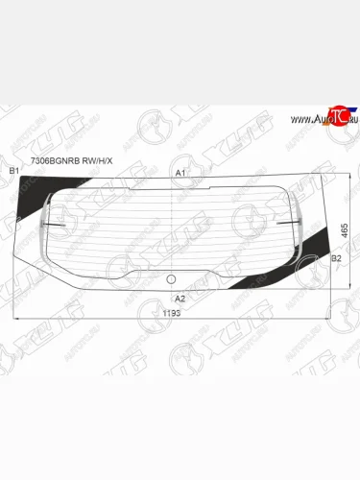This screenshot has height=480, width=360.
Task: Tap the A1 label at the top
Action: coord(180,172)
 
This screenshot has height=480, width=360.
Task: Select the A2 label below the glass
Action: coord(180,299)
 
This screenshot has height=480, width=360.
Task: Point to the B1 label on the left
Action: coord(13,171)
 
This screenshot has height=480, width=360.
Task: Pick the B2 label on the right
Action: coord(335,258)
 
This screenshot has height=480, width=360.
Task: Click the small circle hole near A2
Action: coord(171,280)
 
